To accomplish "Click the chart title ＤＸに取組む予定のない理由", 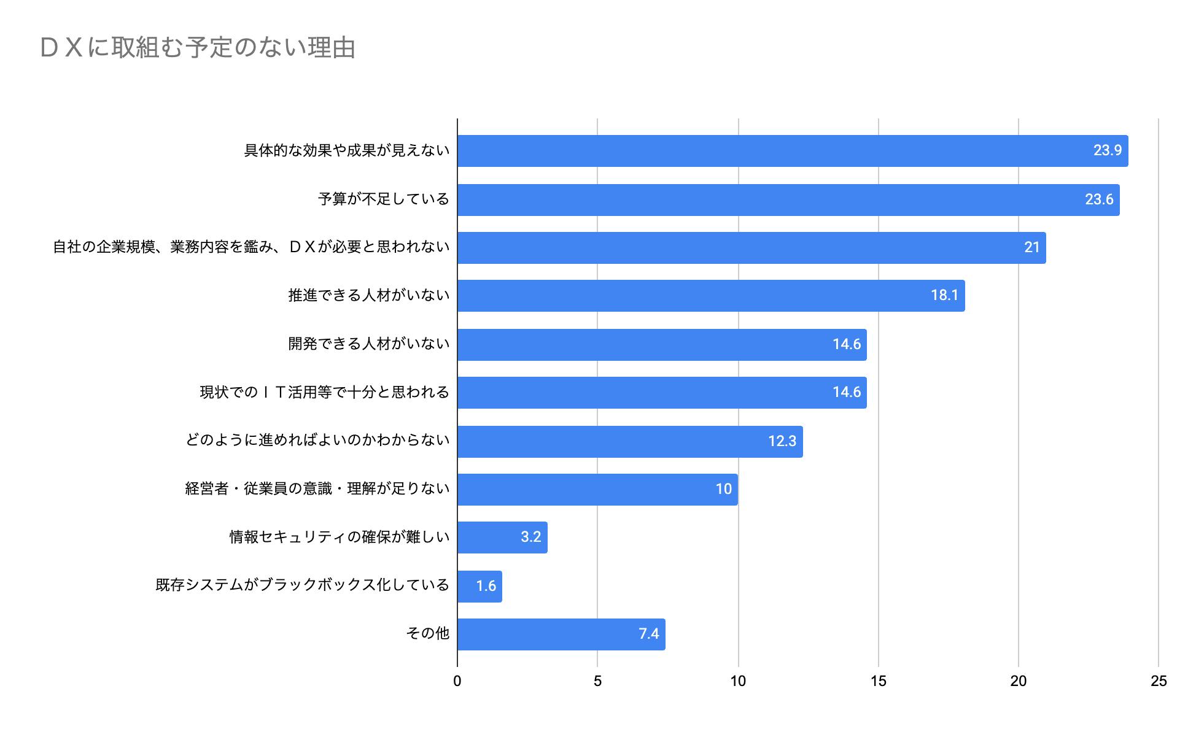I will point(198,48).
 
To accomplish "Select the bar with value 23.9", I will point(792,151).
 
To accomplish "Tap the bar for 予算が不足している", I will point(788,199).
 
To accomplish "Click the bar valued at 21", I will point(751,248).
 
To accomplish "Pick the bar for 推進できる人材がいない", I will point(710,296).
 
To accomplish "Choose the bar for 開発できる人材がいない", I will point(661,344).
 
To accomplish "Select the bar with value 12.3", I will point(629,441).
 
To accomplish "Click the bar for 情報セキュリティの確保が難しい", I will point(502,538).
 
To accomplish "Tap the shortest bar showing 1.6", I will point(479,586).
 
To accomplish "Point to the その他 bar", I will point(561,634).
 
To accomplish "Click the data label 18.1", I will point(944,296).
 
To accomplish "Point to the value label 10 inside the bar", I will point(723,490).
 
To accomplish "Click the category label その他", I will point(427,633).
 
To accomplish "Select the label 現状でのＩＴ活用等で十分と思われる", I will point(324,392).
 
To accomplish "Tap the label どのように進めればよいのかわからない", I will point(317,441).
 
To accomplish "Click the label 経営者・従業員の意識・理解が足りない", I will point(317,489).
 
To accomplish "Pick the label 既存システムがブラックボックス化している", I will point(302,585).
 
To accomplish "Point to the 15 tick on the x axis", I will point(878,681).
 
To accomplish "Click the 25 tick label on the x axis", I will point(1158,681).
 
